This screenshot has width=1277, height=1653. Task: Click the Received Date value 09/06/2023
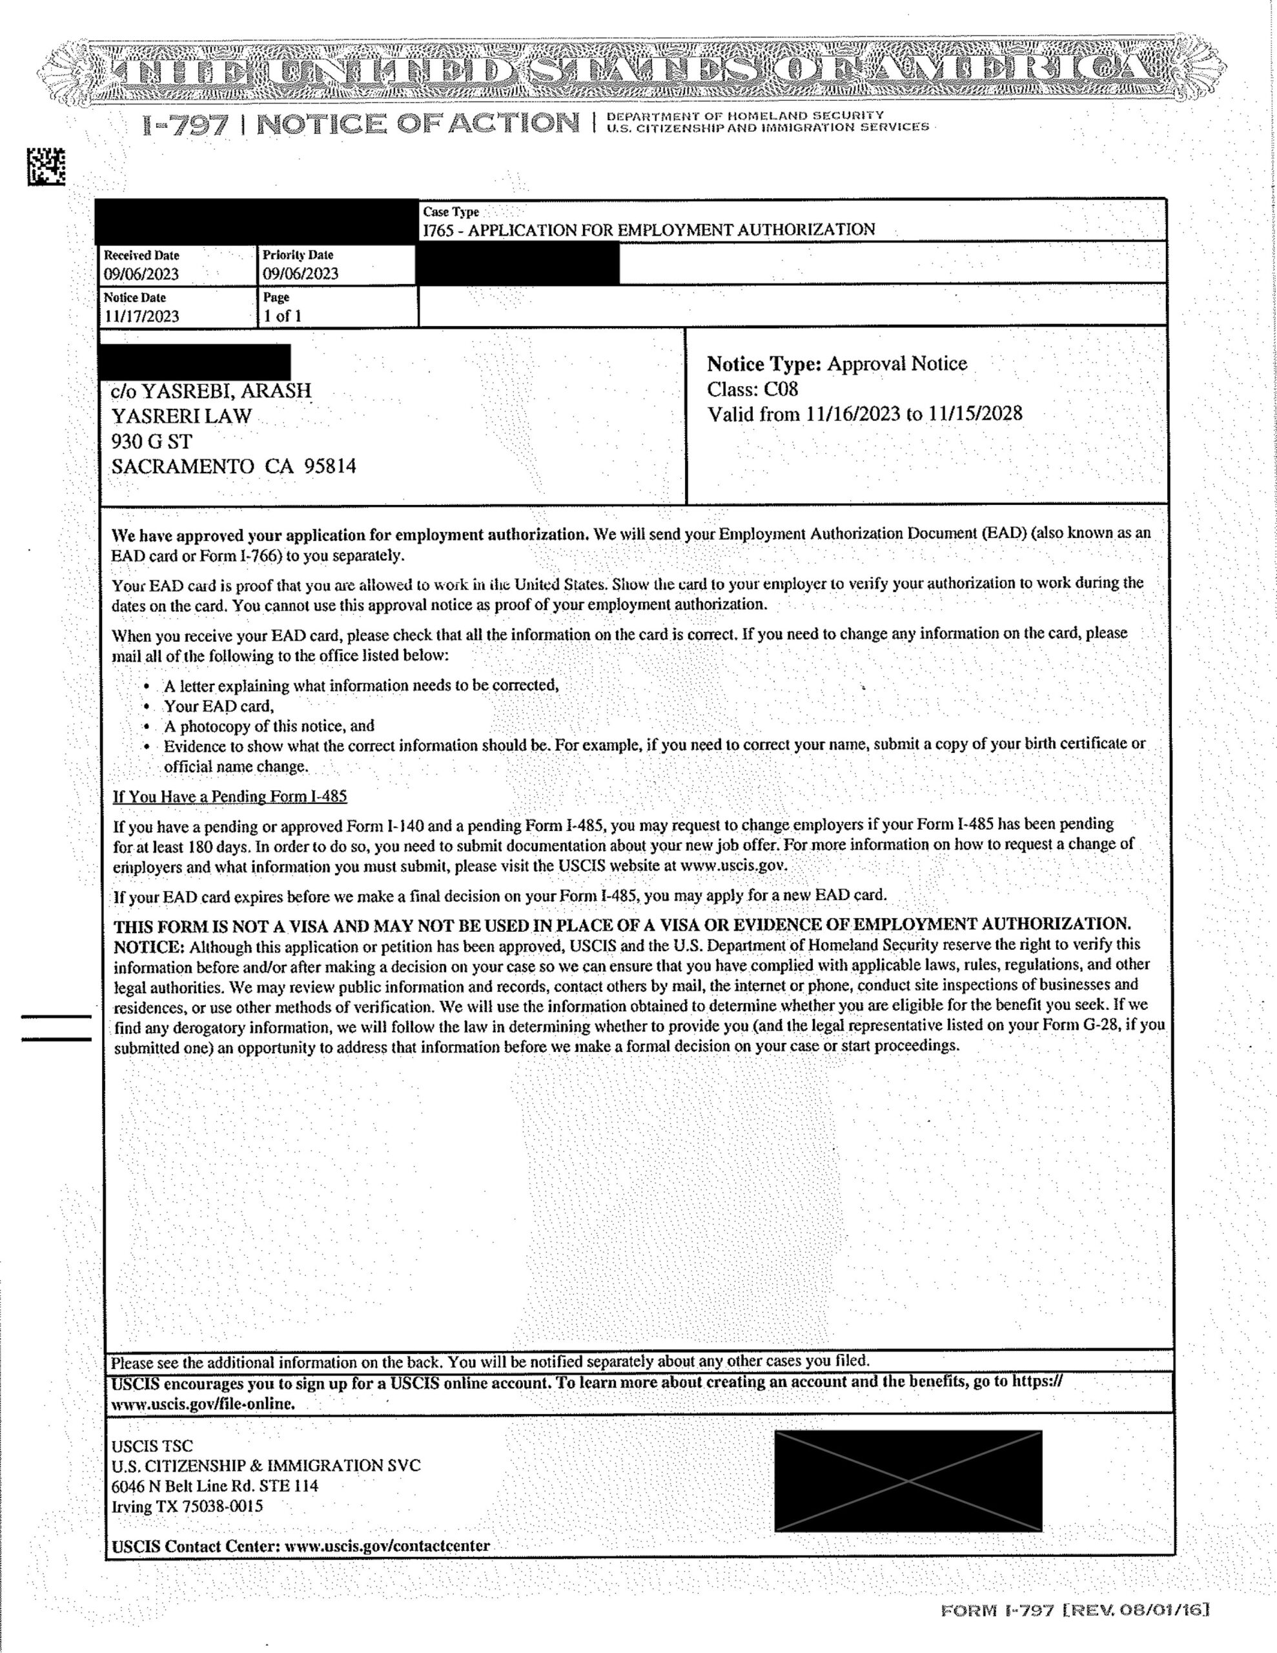pyautogui.click(x=141, y=274)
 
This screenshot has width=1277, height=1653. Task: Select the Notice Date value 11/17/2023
pyautogui.click(x=141, y=316)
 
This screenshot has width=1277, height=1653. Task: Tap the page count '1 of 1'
pyautogui.click(x=282, y=316)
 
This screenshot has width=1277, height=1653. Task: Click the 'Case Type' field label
pyautogui.click(x=451, y=212)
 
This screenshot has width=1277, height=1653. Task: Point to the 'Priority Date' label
pyautogui.click(x=298, y=256)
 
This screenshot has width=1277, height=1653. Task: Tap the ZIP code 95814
pyautogui.click(x=329, y=466)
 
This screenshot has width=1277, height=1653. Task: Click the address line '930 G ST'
pyautogui.click(x=151, y=441)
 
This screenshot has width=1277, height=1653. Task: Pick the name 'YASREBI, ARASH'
pyautogui.click(x=227, y=391)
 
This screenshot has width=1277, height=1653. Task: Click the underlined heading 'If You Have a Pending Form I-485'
pyautogui.click(x=230, y=796)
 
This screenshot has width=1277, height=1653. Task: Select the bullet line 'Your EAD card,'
pyautogui.click(x=219, y=706)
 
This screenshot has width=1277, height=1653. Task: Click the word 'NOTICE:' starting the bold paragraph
pyautogui.click(x=149, y=947)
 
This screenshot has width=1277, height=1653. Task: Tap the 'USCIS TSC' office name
pyautogui.click(x=152, y=1446)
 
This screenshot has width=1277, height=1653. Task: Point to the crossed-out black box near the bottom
pyautogui.click(x=908, y=1481)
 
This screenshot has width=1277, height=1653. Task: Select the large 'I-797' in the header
pyautogui.click(x=185, y=124)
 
